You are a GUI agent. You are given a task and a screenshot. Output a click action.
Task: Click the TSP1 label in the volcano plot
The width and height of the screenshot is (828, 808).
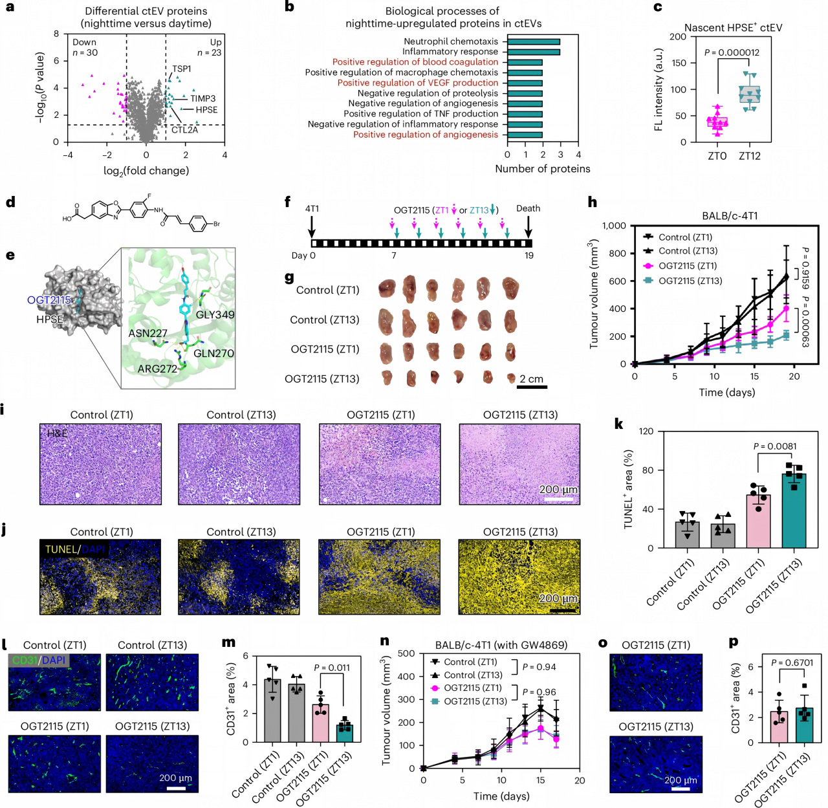182,69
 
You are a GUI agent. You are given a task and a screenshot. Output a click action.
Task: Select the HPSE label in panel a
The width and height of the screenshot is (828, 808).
206,110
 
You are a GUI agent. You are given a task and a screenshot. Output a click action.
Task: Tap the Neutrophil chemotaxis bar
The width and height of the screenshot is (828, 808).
534,41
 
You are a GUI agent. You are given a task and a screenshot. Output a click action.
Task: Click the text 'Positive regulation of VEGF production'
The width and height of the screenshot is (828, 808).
417,83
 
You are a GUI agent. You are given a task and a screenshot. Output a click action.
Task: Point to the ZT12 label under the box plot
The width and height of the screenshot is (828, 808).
749,156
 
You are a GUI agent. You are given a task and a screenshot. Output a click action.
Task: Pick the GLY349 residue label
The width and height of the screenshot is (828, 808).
215,314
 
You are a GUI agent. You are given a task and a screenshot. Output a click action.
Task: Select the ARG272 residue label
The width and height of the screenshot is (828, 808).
157,369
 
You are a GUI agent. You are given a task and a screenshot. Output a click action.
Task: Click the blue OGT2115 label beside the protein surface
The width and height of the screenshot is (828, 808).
49,300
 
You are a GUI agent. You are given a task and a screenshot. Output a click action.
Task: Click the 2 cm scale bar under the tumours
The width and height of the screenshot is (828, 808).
532,387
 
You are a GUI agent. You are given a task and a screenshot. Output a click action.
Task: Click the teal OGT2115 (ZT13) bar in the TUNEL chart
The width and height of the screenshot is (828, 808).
794,510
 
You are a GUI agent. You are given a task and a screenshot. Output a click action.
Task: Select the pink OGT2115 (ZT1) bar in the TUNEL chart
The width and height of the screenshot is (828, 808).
759,521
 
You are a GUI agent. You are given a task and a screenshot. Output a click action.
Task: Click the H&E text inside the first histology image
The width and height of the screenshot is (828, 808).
58,433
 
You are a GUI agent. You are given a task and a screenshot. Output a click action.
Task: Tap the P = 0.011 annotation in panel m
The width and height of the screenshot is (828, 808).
332,668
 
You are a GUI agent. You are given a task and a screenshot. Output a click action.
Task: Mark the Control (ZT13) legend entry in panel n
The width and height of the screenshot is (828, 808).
468,675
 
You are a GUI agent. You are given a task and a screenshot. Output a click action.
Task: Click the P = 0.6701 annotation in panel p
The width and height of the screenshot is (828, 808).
792,662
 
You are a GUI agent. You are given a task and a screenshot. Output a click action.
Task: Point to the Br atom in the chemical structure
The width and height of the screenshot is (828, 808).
217,224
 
